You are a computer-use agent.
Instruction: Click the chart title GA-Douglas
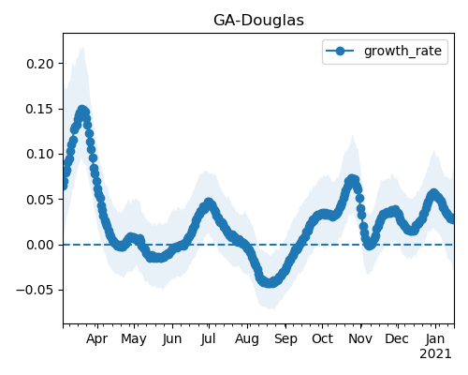(258, 21)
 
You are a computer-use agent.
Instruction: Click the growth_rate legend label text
(402, 52)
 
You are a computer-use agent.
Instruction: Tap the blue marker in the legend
(340, 51)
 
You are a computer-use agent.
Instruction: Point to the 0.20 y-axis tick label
(40, 64)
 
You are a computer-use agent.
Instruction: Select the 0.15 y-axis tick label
(40, 110)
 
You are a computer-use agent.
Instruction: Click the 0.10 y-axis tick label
(40, 154)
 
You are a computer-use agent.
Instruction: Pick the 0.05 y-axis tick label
(40, 200)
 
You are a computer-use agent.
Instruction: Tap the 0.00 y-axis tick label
(40, 245)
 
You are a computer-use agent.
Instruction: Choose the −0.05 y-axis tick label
(36, 291)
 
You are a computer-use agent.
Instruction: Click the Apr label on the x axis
(97, 339)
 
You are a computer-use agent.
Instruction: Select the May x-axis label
(134, 339)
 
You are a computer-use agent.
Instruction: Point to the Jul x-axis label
(208, 338)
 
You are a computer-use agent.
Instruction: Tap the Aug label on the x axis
(247, 339)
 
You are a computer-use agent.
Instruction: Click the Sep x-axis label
(285, 339)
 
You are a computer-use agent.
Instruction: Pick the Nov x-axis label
(360, 338)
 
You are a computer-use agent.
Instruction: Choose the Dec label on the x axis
(397, 338)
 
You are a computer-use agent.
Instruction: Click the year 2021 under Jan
(435, 354)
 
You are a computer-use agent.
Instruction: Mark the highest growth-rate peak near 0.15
(82, 111)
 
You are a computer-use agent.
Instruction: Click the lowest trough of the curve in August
(271, 283)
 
